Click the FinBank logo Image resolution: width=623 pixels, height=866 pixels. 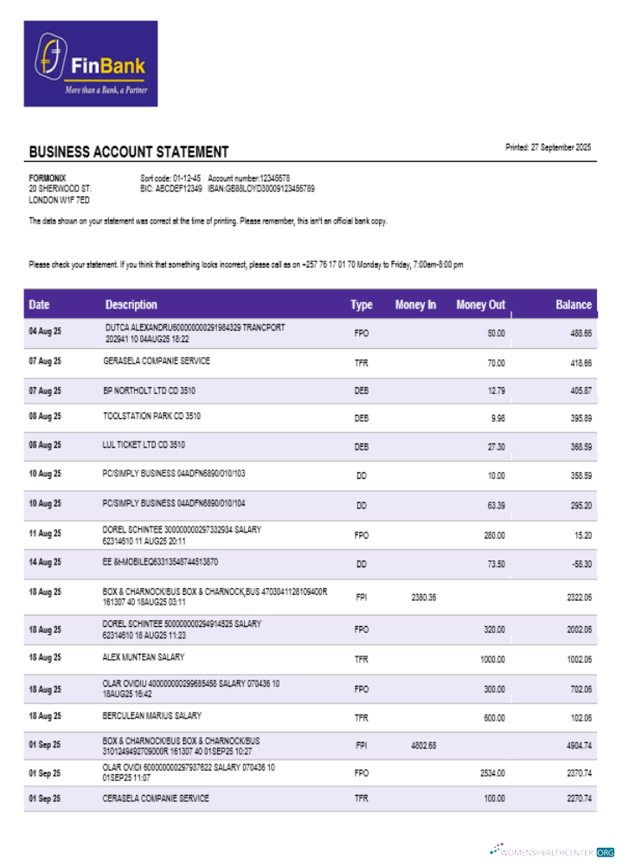click(x=90, y=64)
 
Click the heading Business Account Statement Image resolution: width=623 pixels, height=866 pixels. click(x=129, y=152)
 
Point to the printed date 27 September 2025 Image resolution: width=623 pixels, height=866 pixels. click(x=549, y=147)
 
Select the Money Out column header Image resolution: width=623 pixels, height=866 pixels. click(x=480, y=305)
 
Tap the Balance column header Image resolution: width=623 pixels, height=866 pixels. click(x=574, y=305)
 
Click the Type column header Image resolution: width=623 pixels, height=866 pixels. click(x=362, y=305)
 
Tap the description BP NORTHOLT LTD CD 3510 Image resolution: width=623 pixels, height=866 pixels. click(x=149, y=391)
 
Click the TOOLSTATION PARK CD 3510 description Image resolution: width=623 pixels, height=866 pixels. click(x=151, y=416)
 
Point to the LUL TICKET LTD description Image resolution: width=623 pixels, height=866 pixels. click(x=143, y=445)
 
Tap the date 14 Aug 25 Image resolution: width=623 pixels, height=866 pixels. click(x=45, y=562)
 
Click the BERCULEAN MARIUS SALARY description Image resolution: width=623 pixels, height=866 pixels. click(x=152, y=716)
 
